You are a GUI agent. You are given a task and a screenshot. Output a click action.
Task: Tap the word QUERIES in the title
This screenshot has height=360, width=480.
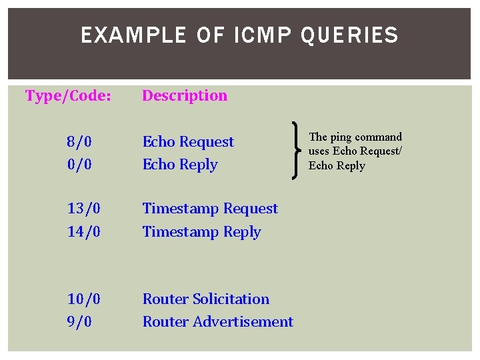pos(349,35)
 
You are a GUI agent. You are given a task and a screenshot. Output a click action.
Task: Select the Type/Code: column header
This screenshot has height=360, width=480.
pos(68,96)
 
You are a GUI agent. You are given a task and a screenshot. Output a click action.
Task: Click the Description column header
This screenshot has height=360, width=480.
pos(185,96)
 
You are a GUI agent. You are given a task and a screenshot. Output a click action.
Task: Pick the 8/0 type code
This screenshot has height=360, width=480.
pos(79,142)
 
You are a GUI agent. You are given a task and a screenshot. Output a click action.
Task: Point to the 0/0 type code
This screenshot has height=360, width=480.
pos(79,165)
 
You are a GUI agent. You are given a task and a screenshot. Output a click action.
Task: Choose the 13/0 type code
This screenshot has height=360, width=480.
pos(84,209)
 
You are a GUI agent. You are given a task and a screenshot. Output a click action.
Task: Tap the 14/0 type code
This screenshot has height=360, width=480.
pos(84,232)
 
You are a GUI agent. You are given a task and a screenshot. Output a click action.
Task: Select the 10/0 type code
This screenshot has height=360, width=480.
pos(84,299)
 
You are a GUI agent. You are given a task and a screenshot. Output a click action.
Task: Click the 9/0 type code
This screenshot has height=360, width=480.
pos(79,322)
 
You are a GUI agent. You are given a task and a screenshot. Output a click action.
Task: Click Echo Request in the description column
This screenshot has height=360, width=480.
pos(188,142)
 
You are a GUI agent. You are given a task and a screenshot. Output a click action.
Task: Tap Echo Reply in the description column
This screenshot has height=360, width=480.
pos(180,165)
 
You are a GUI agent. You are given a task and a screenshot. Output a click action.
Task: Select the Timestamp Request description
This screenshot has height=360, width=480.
pos(210,209)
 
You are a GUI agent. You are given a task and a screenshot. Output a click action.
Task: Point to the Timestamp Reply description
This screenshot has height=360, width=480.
pos(201,232)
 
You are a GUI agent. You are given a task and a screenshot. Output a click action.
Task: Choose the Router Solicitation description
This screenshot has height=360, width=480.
pos(206,299)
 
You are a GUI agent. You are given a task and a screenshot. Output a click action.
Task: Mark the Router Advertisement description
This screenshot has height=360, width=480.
pos(218,322)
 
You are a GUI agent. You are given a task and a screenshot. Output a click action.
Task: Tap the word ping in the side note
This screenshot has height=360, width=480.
pos(341,137)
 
